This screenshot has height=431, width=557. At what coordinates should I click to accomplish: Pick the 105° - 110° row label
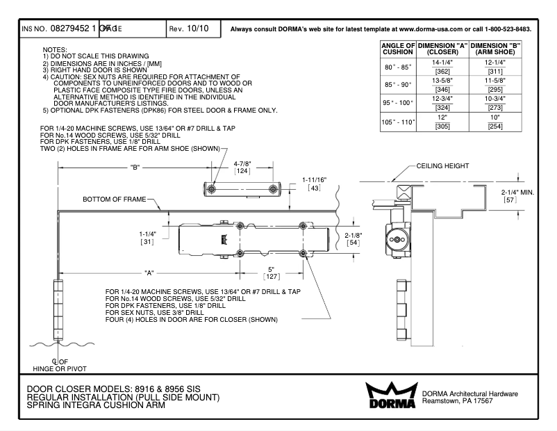[394, 122]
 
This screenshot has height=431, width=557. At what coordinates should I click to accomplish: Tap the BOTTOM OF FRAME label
[115, 199]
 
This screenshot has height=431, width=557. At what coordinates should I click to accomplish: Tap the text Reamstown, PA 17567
[459, 402]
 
